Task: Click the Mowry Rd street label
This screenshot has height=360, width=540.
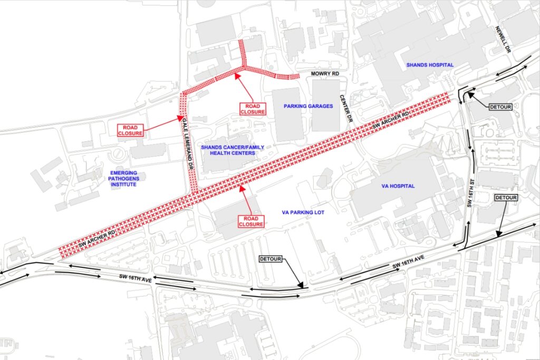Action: [x=325, y=75]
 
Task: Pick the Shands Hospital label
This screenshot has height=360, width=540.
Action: [x=430, y=65]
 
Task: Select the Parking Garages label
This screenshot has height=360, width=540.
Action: [x=308, y=106]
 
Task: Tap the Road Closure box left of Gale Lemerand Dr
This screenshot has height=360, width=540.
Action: [x=130, y=130]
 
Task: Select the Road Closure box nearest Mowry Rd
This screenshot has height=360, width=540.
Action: [x=252, y=109]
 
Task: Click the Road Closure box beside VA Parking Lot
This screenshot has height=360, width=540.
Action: [x=251, y=221]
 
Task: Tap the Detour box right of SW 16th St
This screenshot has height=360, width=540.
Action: [x=506, y=198]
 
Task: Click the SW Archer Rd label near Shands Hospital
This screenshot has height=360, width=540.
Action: [x=391, y=121]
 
